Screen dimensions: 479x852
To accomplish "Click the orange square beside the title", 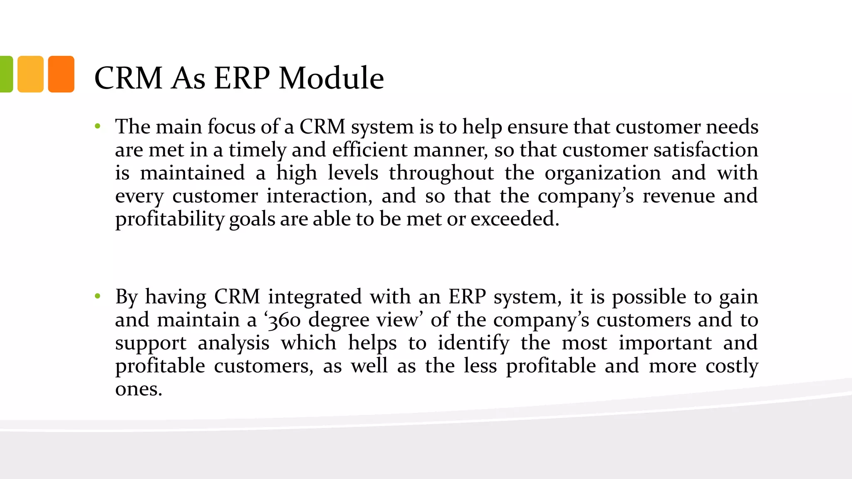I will point(61,74).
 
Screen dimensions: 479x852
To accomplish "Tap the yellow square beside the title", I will point(30,74).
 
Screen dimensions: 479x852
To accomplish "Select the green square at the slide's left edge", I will point(6,74).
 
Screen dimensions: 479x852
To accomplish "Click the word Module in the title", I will point(331,78).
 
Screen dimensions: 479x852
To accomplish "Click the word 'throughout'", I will point(441,173).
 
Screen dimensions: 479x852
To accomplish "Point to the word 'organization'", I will point(602,173).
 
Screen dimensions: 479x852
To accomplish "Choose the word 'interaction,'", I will point(319,196).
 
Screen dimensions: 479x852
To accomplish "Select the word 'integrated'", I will point(315,297).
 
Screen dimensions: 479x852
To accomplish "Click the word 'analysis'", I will point(233,343).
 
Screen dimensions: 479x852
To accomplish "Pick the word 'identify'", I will point(473,343).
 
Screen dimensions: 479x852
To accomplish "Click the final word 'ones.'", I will point(139,389).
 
